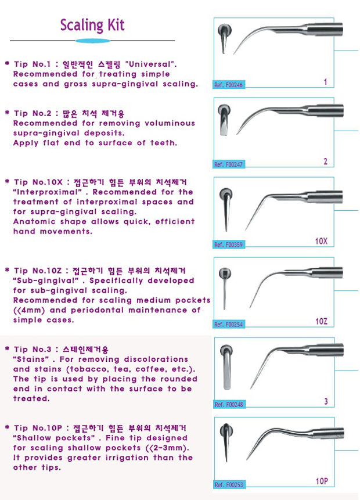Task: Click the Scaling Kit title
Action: pyautogui.click(x=92, y=26)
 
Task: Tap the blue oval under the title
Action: pyautogui.click(x=93, y=41)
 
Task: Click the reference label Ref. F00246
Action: pyautogui.click(x=228, y=85)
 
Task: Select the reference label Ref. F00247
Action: pyautogui.click(x=228, y=164)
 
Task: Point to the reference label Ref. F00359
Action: pyautogui.click(x=228, y=244)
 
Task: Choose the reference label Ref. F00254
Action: pyautogui.click(x=228, y=324)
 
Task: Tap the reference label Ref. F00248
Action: pyautogui.click(x=229, y=404)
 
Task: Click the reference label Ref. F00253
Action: pyautogui.click(x=229, y=485)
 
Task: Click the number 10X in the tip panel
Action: pyautogui.click(x=321, y=241)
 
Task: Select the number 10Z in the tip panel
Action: pyautogui.click(x=321, y=321)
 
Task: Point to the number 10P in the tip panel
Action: pyautogui.click(x=322, y=481)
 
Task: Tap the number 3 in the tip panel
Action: pyautogui.click(x=326, y=401)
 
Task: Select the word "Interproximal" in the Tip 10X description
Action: pyautogui.click(x=47, y=192)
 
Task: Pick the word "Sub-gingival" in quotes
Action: pyautogui.click(x=46, y=280)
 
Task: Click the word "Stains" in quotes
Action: pyautogui.click(x=31, y=359)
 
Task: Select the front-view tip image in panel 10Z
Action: pyautogui.click(x=225, y=288)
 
